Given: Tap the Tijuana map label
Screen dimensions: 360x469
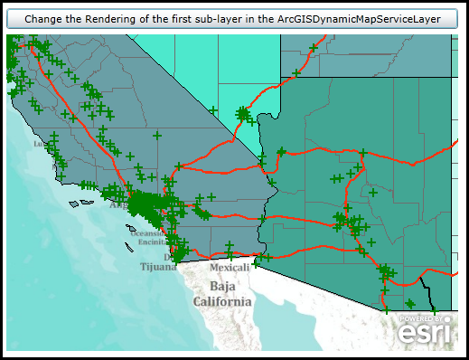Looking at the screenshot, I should coord(158,267).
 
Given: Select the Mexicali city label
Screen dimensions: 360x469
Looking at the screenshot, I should coord(229,268).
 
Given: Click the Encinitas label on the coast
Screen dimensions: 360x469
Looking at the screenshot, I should coord(149,242).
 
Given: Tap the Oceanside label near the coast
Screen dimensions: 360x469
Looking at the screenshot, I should coord(148,233).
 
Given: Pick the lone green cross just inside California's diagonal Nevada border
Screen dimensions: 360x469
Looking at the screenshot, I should coord(213,110).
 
